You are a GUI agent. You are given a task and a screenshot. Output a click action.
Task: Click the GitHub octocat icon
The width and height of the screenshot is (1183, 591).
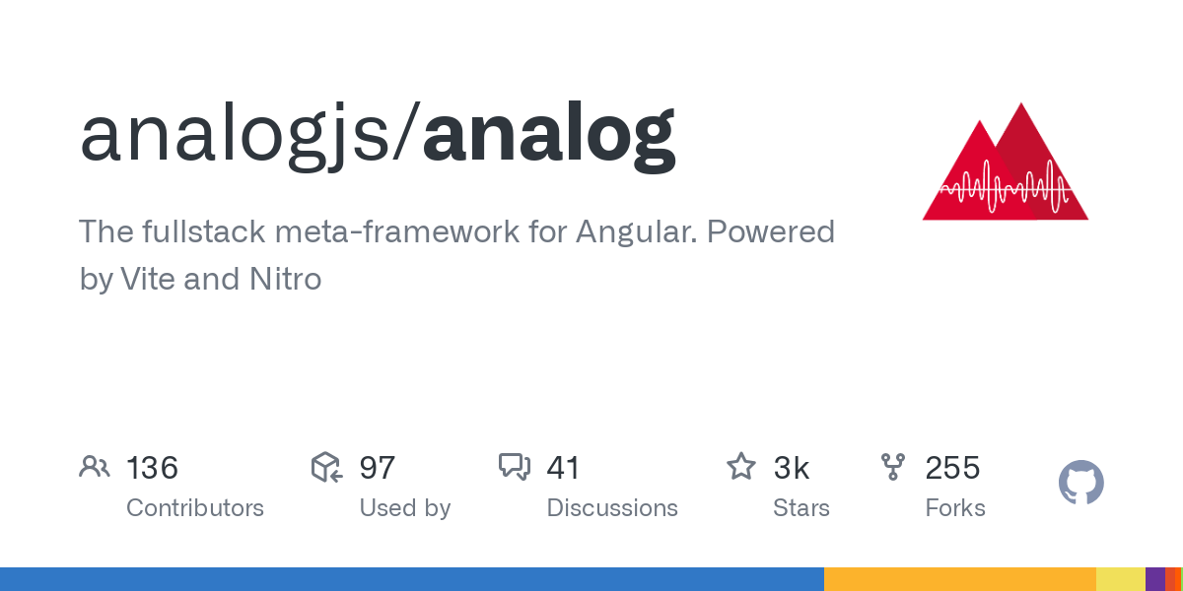(x=1080, y=483)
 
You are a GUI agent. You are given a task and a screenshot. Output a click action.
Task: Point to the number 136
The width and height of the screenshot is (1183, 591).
(x=152, y=468)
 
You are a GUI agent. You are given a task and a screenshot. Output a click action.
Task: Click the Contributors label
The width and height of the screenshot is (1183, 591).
(x=195, y=508)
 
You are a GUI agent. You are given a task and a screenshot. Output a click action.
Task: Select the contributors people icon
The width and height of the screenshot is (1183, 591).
(x=95, y=467)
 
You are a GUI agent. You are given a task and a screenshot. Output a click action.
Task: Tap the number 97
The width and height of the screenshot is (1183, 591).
(x=377, y=468)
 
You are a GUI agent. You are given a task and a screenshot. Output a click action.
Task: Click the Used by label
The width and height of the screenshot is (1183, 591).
(x=404, y=508)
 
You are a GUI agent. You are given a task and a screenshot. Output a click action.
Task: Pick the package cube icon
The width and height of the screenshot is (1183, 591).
(x=326, y=467)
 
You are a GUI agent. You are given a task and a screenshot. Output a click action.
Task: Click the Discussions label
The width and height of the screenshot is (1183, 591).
(x=612, y=508)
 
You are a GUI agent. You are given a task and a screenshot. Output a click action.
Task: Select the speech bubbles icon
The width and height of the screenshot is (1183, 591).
(x=515, y=467)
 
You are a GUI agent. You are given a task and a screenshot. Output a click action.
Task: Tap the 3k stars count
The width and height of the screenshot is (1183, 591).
(x=791, y=468)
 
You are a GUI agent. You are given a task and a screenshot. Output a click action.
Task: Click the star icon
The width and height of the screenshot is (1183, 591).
(x=740, y=467)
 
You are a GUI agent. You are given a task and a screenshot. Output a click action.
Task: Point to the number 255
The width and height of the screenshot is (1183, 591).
(x=952, y=468)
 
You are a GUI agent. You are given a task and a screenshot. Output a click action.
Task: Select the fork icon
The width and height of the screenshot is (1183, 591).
(x=893, y=467)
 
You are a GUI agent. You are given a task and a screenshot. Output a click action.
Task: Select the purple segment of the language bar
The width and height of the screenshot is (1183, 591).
(x=1154, y=579)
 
